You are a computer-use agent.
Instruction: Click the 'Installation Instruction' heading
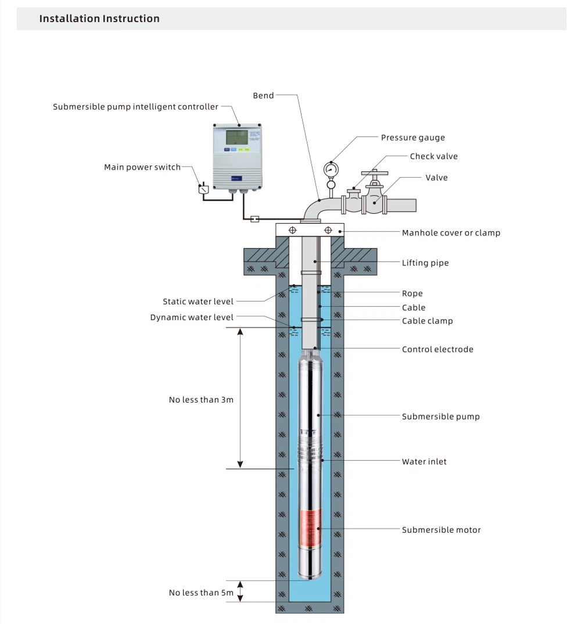99,19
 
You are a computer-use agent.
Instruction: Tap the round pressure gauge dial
331,168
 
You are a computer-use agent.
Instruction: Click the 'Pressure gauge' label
413,138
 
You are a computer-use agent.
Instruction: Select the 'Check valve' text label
433,156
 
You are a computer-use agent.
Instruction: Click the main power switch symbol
203,189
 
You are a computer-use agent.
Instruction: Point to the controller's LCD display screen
236,138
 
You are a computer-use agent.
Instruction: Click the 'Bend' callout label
263,95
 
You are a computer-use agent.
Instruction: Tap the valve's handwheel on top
374,173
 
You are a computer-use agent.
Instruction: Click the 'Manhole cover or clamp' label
451,233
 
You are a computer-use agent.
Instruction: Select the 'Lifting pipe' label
425,263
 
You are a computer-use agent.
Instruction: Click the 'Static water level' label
198,302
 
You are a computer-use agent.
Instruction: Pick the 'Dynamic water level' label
192,317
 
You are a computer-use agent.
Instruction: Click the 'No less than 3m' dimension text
201,400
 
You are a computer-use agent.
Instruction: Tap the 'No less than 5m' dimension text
201,593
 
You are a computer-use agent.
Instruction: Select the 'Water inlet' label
424,462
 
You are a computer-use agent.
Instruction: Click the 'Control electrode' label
437,349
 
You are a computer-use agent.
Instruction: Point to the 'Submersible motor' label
441,530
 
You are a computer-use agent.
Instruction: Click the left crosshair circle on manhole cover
293,230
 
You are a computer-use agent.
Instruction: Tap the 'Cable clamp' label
427,321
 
